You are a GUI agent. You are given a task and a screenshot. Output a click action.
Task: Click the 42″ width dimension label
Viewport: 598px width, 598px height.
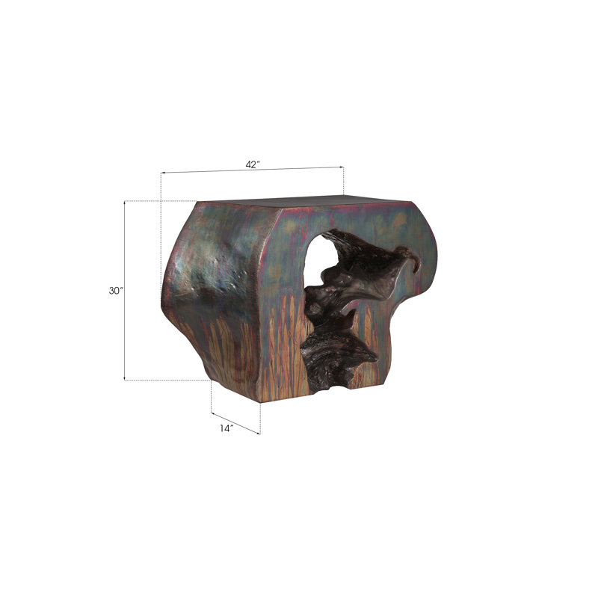click(x=253, y=164)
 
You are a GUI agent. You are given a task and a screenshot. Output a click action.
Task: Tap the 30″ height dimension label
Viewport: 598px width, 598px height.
click(x=117, y=291)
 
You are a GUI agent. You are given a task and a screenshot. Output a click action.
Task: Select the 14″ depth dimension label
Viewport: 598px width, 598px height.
click(x=226, y=428)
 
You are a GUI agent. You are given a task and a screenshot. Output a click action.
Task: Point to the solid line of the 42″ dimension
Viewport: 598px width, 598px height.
click(x=253, y=170)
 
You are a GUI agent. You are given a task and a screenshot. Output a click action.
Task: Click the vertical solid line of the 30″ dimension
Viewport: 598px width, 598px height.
click(x=125, y=291)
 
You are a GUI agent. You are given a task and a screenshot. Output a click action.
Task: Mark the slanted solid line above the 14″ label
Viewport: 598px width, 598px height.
click(x=235, y=423)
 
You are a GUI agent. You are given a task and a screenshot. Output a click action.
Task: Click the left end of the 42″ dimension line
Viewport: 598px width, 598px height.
click(x=161, y=173)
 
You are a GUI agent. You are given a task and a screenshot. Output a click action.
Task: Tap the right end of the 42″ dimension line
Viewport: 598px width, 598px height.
click(x=344, y=167)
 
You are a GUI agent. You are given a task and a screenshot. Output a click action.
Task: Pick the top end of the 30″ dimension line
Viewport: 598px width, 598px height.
click(x=125, y=201)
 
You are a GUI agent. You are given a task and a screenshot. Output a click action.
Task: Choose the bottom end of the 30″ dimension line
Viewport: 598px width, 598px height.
click(x=125, y=380)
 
